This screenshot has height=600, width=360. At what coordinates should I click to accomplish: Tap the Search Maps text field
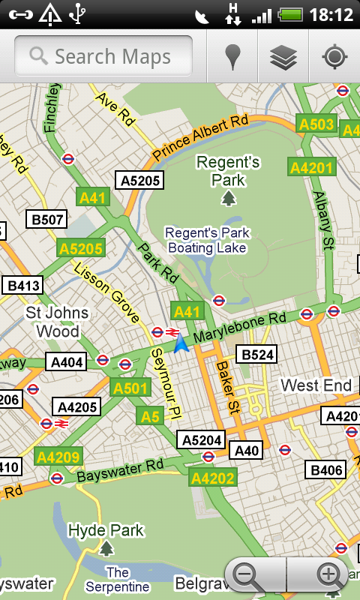click(x=105, y=56)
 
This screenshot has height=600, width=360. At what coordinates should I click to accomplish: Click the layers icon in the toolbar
click(x=283, y=57)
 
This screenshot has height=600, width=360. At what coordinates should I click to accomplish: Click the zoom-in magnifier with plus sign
click(x=329, y=575)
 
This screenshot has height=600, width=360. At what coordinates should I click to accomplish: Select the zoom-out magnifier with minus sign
click(x=247, y=575)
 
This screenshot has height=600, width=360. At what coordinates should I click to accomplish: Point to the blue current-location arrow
click(x=180, y=343)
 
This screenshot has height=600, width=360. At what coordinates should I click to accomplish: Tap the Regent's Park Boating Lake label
click(x=208, y=240)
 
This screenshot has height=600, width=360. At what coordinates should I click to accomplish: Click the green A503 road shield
click(x=316, y=124)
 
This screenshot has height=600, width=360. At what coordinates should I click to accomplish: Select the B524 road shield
click(x=256, y=355)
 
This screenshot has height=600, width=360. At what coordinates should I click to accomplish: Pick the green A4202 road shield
click(x=212, y=478)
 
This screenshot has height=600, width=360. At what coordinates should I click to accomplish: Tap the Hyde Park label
click(x=106, y=531)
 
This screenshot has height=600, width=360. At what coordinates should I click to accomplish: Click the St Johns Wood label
click(x=57, y=321)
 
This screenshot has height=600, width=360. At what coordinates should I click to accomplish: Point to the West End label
click(x=316, y=385)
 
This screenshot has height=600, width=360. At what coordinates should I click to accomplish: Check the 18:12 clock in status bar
click(x=330, y=14)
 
